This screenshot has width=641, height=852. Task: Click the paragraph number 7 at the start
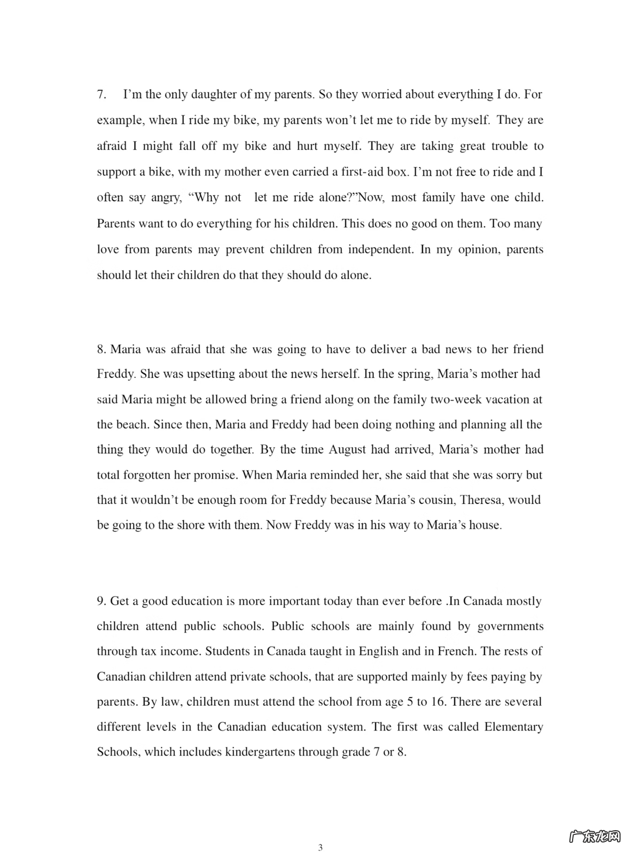101,94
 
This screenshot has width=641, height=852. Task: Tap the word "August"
347,449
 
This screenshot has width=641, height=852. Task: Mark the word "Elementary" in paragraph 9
513,727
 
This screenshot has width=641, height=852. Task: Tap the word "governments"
510,626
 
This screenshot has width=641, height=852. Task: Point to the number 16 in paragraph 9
437,701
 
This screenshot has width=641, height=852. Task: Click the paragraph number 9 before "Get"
101,601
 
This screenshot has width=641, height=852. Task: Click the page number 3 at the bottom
320,847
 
